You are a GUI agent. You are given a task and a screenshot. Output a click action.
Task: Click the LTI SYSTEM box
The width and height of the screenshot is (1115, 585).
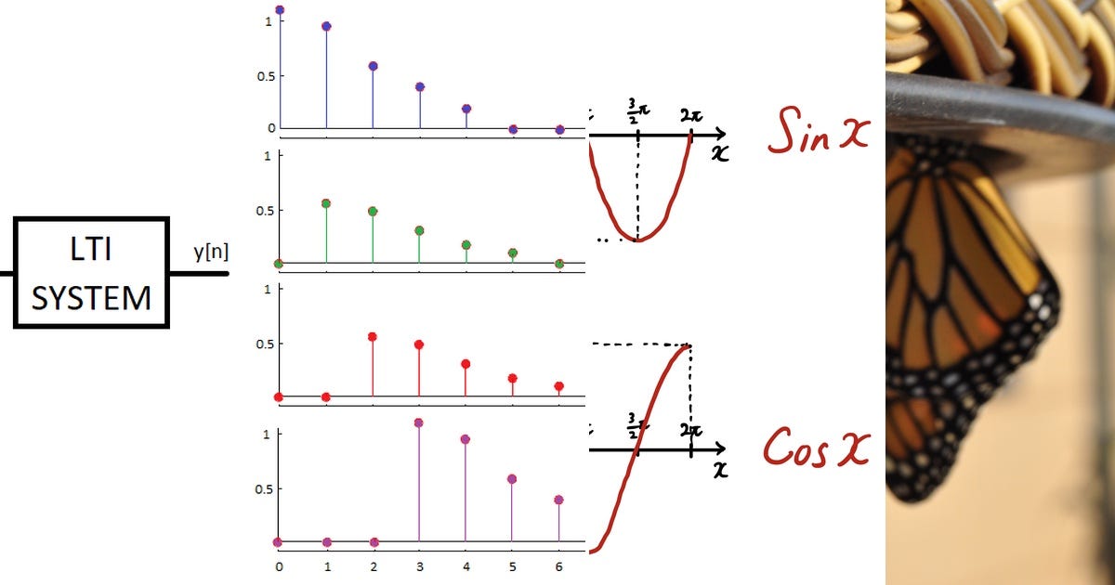point(91,272)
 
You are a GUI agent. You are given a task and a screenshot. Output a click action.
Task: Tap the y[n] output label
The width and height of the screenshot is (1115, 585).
point(211,251)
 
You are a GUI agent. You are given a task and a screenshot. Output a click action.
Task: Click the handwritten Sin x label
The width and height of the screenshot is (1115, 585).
point(818,136)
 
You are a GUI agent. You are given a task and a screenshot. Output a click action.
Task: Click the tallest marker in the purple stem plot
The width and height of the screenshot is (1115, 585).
point(419,422)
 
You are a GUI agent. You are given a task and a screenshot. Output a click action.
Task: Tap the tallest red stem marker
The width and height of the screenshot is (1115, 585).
point(373,337)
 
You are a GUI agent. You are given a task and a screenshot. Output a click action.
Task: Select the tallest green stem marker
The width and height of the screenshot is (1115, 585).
point(326,203)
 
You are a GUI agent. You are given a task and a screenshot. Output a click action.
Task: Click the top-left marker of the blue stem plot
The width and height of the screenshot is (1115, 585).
point(280,10)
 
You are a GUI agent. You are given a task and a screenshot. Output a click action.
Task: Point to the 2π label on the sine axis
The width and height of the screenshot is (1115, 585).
point(689,116)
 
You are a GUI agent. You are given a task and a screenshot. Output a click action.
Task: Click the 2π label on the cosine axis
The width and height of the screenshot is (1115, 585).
point(689,430)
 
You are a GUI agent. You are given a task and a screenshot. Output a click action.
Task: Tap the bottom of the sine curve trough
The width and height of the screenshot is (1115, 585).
point(638,240)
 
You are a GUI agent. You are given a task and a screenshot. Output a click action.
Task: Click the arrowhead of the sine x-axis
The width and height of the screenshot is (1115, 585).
point(721,136)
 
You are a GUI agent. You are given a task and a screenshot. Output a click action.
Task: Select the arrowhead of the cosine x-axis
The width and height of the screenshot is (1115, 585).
point(721,449)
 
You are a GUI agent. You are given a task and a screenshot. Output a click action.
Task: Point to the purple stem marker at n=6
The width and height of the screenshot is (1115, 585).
point(558,500)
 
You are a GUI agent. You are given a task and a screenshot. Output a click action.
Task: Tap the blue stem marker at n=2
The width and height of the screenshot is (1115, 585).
point(373,66)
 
